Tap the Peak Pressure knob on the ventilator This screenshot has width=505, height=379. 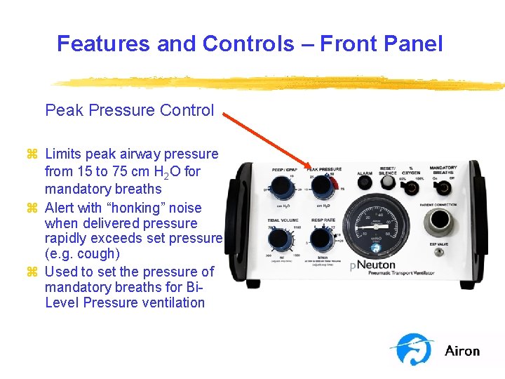(322, 187)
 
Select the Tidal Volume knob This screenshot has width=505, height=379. (279, 240)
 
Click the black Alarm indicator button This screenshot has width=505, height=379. (365, 182)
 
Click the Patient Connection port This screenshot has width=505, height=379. (438, 221)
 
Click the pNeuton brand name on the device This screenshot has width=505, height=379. (372, 265)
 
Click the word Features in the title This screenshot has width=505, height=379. (104, 44)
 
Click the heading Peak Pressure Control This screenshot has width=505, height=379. (129, 110)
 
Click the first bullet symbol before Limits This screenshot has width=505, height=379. (32, 154)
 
